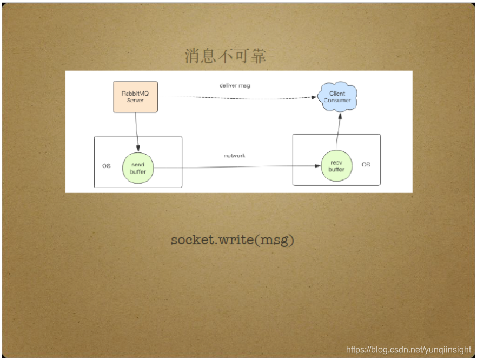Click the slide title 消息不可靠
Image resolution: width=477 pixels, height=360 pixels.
tap(226, 56)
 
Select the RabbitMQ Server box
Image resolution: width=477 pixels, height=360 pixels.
tap(135, 97)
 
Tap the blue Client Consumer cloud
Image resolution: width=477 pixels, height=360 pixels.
tap(337, 97)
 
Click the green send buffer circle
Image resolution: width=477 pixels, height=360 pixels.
tap(137, 168)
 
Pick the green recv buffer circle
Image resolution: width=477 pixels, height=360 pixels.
tap(336, 165)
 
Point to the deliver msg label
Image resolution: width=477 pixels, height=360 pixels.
tap(235, 85)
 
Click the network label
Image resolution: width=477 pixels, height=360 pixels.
tap(235, 156)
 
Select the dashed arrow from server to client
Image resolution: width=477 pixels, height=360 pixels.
tap(243, 97)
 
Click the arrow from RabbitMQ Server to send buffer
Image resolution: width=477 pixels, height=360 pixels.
tap(137, 132)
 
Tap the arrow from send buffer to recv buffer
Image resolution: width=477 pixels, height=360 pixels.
tap(238, 168)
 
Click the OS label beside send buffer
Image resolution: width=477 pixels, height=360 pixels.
tap(107, 165)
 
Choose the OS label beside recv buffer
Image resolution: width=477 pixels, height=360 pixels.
tap(366, 164)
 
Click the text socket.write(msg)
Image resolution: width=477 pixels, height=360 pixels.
tap(233, 240)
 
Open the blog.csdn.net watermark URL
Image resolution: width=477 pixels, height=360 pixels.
tap(408, 350)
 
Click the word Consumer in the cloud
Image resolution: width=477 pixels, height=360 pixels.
tap(337, 101)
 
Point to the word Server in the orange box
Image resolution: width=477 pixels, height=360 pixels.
tap(135, 101)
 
